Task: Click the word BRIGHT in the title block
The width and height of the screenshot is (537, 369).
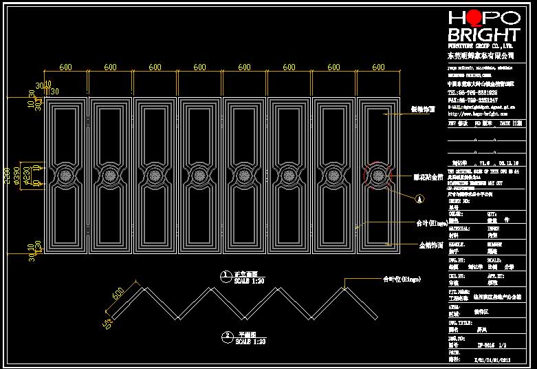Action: [483, 35]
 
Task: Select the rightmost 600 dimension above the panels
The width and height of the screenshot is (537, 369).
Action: [378, 67]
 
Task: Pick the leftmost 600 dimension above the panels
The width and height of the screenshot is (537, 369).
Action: [65, 67]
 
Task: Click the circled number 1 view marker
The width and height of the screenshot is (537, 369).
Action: [225, 275]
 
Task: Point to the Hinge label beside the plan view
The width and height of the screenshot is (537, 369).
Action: [401, 279]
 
